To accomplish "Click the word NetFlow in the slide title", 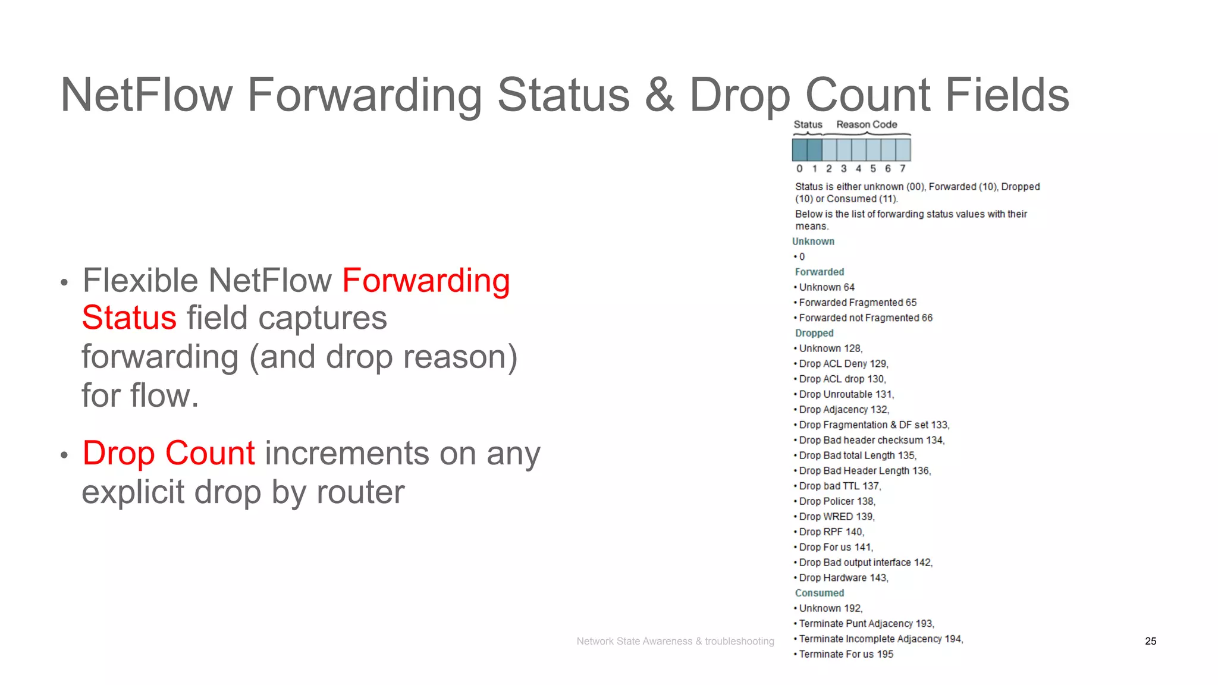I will (146, 95).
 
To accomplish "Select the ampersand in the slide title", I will (659, 95).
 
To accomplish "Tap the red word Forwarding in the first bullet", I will (426, 281).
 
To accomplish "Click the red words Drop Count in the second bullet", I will (169, 453).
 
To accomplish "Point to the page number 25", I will (1150, 641).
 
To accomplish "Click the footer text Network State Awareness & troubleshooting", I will (675, 641).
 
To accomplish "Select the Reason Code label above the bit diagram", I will (867, 124).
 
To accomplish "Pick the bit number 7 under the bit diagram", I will (902, 169).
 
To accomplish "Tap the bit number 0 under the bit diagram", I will (799, 169).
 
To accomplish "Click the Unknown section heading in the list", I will (813, 241).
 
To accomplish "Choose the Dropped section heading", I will (814, 333).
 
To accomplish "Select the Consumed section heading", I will (820, 593).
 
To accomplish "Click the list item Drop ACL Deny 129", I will (843, 364).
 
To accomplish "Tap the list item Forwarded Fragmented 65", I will (858, 303).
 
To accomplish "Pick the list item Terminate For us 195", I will (846, 654).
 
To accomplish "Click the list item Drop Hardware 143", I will (843, 578).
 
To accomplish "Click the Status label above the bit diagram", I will (808, 124).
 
